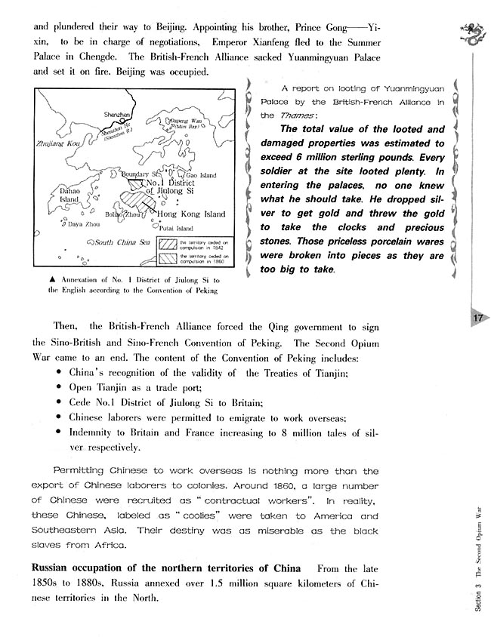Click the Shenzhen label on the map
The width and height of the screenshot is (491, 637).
[x=118, y=114]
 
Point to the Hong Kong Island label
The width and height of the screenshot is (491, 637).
[x=190, y=214]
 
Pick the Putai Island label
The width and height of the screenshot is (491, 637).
[x=178, y=228]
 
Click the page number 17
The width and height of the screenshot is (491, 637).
[x=477, y=318]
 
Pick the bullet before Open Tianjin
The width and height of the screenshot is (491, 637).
[x=60, y=387]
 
